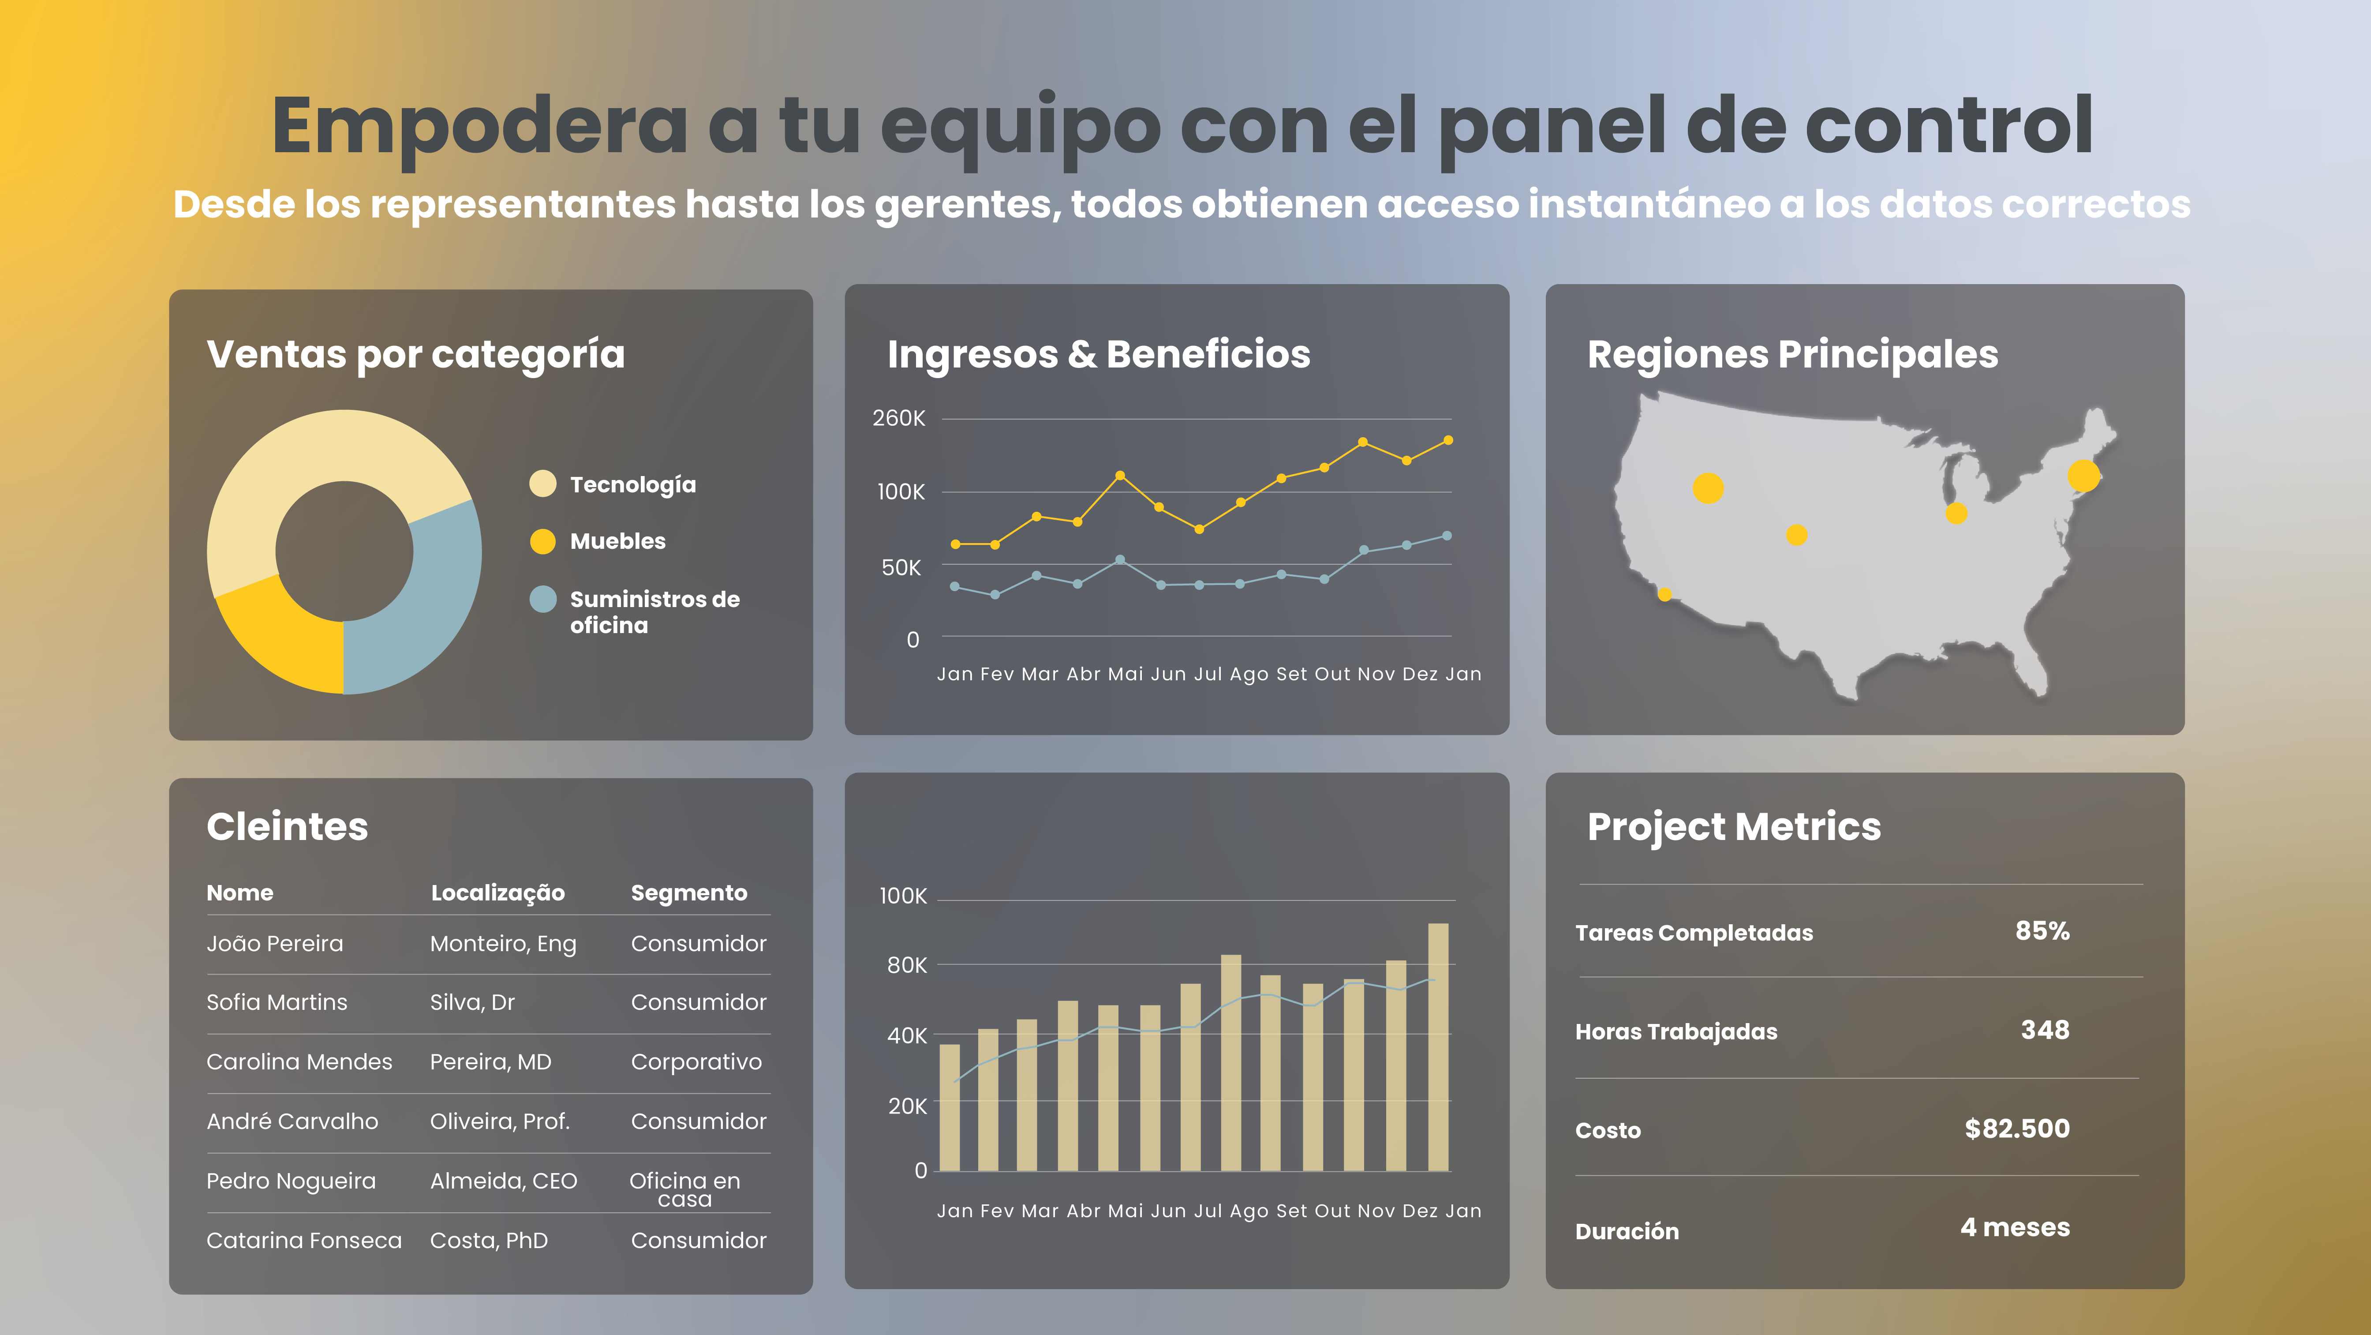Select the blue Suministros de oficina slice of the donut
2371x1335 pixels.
(433, 598)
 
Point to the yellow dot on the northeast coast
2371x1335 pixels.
(2083, 476)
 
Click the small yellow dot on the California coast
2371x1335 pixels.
(1664, 595)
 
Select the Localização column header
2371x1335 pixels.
(498, 893)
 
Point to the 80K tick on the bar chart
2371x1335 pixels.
(907, 965)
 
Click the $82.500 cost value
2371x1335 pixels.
(2017, 1129)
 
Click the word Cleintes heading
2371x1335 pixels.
(287, 827)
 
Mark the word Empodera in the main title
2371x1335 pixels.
(479, 126)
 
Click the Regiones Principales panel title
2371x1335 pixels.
(1792, 354)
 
